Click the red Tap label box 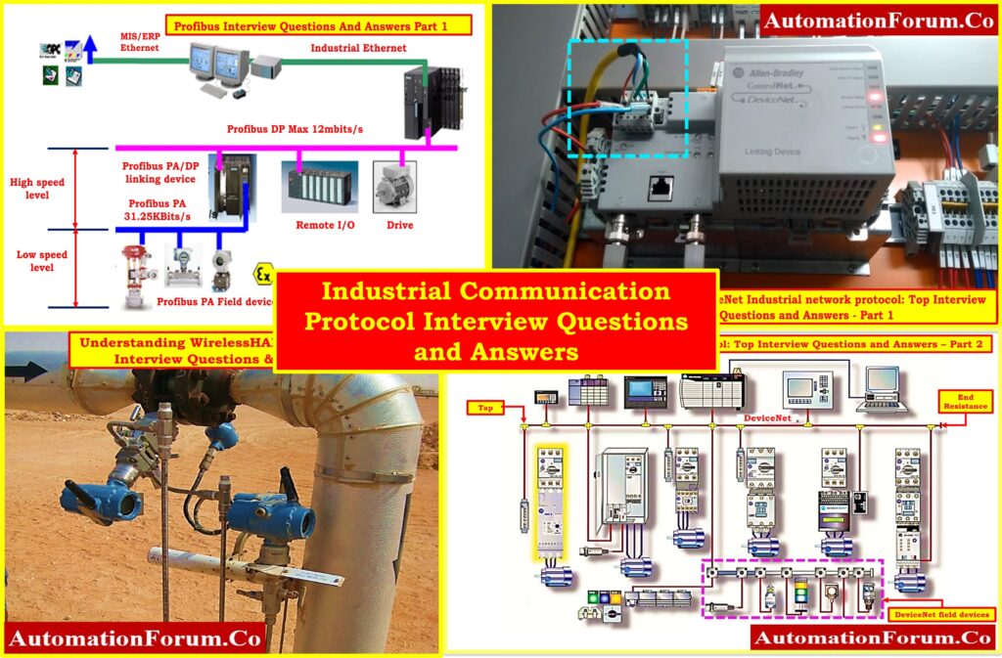point(483,406)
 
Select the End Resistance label point(964,399)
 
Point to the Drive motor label point(399,224)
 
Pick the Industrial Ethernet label point(348,47)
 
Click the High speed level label point(36,188)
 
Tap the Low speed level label point(40,261)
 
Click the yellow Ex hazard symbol point(262,273)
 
